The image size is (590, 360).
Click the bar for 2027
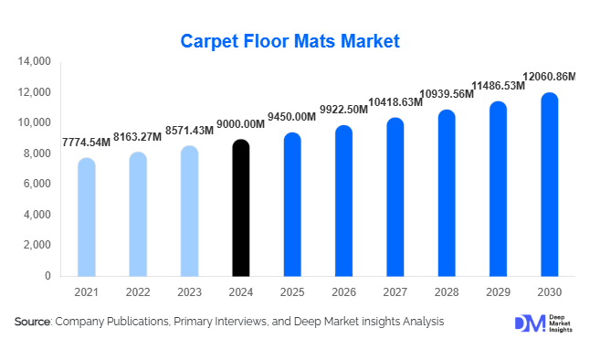pyautogui.click(x=395, y=197)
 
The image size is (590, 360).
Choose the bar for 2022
pyautogui.click(x=137, y=215)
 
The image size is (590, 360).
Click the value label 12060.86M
pyautogui.click(x=548, y=77)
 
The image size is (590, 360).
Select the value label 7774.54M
pyautogui.click(x=86, y=143)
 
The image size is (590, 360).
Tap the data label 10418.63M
pyautogui.click(x=394, y=102)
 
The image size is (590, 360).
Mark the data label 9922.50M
pyautogui.click(x=342, y=110)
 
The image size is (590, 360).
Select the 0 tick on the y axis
pyautogui.click(x=47, y=276)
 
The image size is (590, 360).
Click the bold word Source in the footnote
pyautogui.click(x=33, y=322)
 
